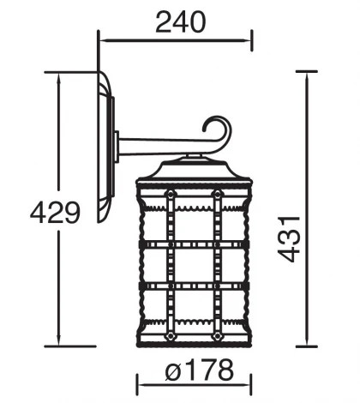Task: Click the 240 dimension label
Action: (181, 22)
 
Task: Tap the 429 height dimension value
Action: (56, 213)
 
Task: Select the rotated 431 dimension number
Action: (289, 239)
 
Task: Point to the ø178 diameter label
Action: (200, 370)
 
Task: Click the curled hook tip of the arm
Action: (204, 130)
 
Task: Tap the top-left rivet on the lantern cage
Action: (171, 195)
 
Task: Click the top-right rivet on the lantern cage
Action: (218, 195)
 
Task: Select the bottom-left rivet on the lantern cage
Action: (171, 336)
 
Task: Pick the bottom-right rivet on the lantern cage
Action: (218, 336)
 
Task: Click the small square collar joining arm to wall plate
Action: (117, 147)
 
